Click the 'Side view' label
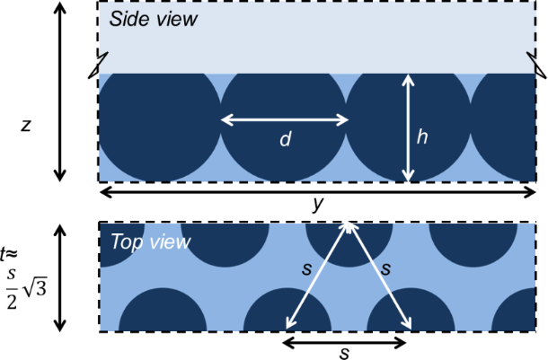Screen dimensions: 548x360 click(x=154, y=19)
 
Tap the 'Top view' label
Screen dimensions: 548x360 click(x=151, y=241)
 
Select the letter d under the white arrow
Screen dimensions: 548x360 click(x=285, y=139)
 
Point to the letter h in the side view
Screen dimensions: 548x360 click(x=422, y=136)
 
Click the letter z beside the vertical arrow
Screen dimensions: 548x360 click(x=26, y=126)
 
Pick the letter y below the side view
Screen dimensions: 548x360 click(x=318, y=204)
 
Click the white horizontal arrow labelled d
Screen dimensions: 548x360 click(x=285, y=120)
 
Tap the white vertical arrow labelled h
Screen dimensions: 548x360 click(x=408, y=127)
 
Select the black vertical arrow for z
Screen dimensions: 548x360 click(x=60, y=92)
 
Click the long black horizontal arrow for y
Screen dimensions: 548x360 click(x=318, y=192)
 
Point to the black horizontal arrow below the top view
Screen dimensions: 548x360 click(x=344, y=343)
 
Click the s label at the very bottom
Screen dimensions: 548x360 click(x=344, y=354)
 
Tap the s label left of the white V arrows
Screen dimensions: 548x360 click(x=306, y=269)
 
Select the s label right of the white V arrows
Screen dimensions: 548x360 click(x=385, y=269)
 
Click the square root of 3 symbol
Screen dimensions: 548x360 click(x=35, y=289)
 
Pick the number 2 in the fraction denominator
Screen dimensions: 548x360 click(x=12, y=302)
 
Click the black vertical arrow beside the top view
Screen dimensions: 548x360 click(x=60, y=278)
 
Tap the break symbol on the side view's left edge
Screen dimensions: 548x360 click(x=99, y=65)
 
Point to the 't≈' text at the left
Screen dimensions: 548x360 click(x=8, y=254)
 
